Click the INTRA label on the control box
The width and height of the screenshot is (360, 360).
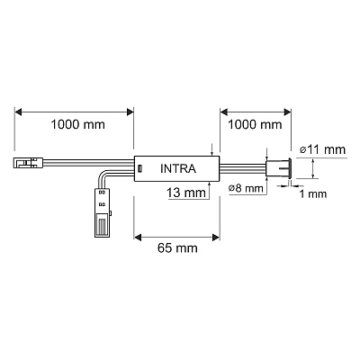178,168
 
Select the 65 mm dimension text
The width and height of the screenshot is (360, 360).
177,248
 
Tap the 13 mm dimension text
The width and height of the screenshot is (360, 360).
186,193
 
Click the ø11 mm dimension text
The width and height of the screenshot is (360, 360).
322,149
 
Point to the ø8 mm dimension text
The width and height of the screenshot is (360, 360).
246,188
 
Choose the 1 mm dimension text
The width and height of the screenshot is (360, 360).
313,193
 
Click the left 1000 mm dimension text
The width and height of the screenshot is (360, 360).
77,124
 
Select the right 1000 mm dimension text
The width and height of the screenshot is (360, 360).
255,124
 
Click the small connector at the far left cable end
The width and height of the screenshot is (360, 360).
29,163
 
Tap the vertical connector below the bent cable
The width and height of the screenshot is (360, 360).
103,212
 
